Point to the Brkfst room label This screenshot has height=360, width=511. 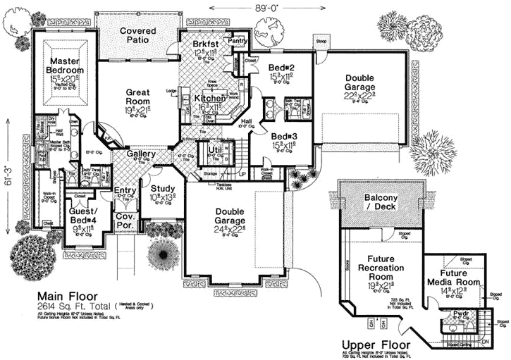click(206, 45)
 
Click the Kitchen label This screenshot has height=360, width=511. click(209, 99)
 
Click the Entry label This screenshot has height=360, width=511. click(124, 190)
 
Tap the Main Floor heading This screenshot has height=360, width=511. click(67, 295)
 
